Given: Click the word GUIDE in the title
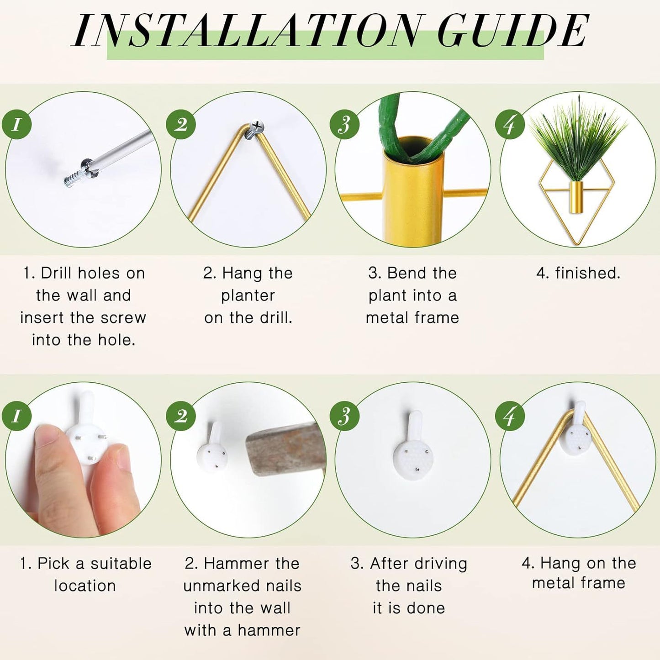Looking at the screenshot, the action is coord(513,31).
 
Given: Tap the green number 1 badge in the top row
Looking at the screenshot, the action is coord(16,124).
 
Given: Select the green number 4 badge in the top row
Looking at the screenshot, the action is coord(510,124).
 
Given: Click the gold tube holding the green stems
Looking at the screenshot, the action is coord(414,192).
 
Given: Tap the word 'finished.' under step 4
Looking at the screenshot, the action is coord(588,274).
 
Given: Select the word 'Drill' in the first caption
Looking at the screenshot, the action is coord(57,274).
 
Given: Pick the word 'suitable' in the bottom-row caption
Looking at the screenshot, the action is coord(121,564).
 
